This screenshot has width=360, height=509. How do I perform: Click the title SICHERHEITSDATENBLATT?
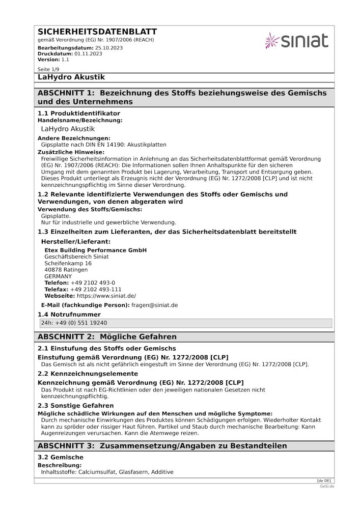[x=97, y=32]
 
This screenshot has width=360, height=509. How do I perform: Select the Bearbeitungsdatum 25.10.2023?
[x=109, y=47]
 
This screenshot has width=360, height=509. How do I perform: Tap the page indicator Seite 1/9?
[x=49, y=69]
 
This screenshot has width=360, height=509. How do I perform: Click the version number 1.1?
[x=65, y=60]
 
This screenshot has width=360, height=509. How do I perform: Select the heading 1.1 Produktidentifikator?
[x=79, y=113]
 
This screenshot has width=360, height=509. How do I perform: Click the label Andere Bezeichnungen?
[x=74, y=138]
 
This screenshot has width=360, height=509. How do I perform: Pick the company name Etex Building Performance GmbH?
[x=95, y=250]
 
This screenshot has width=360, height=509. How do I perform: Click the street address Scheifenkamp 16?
[x=68, y=263]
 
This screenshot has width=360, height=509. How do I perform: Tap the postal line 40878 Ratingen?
[x=66, y=270]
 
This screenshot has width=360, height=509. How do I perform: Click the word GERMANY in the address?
[x=58, y=276]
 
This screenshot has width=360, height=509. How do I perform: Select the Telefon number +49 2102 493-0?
[x=93, y=282]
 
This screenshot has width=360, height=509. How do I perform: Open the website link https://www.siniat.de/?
[x=106, y=296]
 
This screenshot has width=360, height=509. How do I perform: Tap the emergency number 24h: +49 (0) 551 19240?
[x=74, y=323]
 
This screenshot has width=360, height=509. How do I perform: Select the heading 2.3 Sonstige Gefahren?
[x=75, y=405]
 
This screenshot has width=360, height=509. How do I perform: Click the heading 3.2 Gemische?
[x=60, y=457]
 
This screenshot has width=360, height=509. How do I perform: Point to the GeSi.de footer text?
[x=327, y=486]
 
